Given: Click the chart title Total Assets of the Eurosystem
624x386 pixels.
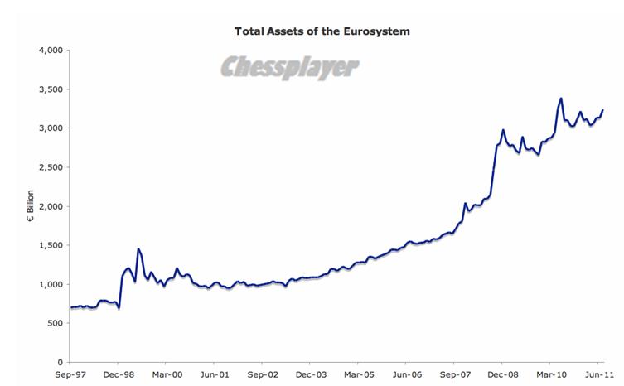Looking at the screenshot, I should click(322, 31).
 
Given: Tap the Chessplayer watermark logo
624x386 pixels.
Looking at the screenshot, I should click(289, 68).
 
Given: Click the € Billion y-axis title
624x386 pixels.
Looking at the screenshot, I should click(31, 205).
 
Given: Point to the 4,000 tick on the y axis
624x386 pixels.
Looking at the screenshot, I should click(51, 51).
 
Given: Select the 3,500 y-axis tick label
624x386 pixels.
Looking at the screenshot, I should click(51, 89).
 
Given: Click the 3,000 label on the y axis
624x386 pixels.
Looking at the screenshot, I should click(51, 128).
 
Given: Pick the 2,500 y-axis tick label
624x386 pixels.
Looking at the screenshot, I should click(51, 167).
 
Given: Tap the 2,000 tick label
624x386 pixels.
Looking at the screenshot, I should click(51, 206).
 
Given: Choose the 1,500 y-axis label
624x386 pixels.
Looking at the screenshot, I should click(51, 245).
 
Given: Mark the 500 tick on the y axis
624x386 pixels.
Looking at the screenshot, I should click(54, 323).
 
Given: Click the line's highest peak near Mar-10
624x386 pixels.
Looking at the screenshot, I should click(561, 99).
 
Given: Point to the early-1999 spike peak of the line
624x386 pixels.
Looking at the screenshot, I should click(138, 248).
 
